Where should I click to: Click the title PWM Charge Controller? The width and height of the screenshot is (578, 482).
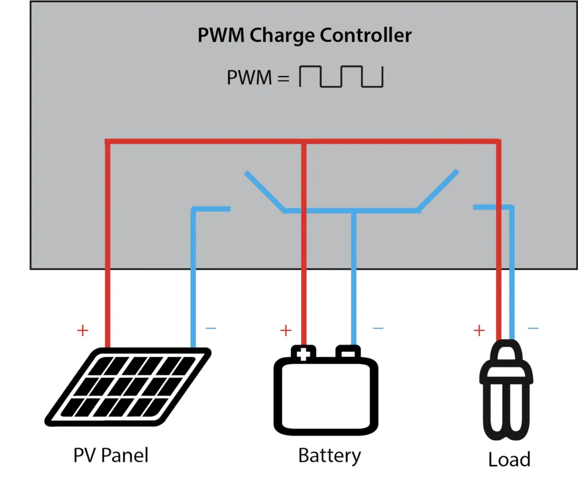click(x=304, y=35)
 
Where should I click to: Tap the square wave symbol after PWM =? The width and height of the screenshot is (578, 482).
click(x=341, y=77)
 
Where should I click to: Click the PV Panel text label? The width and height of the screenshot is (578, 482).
click(x=111, y=455)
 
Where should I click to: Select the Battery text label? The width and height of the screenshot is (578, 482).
click(x=329, y=455)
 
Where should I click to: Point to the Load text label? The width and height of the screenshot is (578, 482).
click(x=509, y=459)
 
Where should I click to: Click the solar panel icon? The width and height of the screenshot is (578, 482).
click(x=128, y=387)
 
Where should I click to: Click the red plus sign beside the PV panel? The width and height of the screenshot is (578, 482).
click(x=82, y=330)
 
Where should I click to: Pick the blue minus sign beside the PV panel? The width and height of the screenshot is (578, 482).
click(x=211, y=328)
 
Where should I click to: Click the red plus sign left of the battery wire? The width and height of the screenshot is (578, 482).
click(x=286, y=330)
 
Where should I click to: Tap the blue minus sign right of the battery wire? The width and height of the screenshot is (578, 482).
click(x=378, y=328)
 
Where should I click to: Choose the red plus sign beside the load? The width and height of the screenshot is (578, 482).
click(x=479, y=330)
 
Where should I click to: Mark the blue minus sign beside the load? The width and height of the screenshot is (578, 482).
click(x=532, y=328)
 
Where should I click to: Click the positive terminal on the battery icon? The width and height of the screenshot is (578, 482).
click(x=303, y=353)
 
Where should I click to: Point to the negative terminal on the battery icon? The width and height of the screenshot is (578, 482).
click(x=348, y=353)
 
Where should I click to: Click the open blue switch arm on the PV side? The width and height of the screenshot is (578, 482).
click(x=264, y=192)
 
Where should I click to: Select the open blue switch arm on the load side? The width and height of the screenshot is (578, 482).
click(x=437, y=189)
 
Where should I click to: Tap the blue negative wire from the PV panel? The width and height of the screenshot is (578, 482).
click(x=194, y=276)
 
